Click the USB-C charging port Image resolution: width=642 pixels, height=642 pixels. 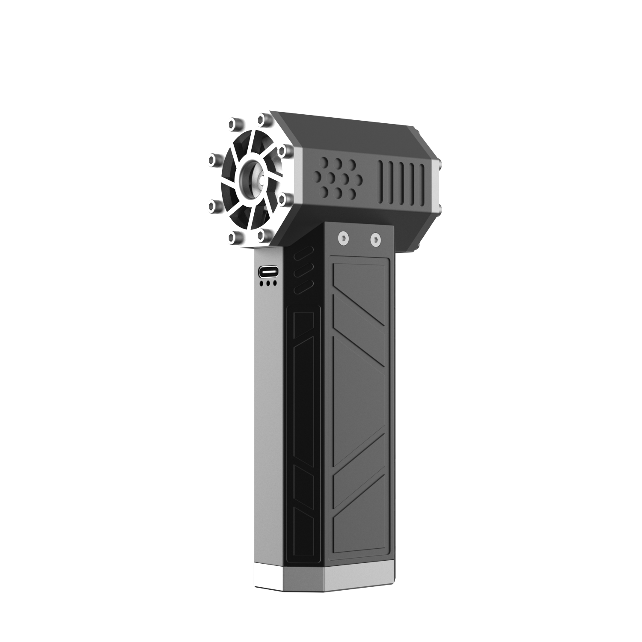tap(268, 271)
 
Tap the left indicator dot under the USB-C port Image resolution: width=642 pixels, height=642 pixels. tap(261, 283)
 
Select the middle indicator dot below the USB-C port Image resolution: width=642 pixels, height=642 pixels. tap(268, 283)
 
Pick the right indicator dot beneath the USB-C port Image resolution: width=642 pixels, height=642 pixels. tap(275, 283)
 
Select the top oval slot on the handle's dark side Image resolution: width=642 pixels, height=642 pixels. tap(304, 253)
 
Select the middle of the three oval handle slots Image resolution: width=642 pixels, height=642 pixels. tap(304, 270)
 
